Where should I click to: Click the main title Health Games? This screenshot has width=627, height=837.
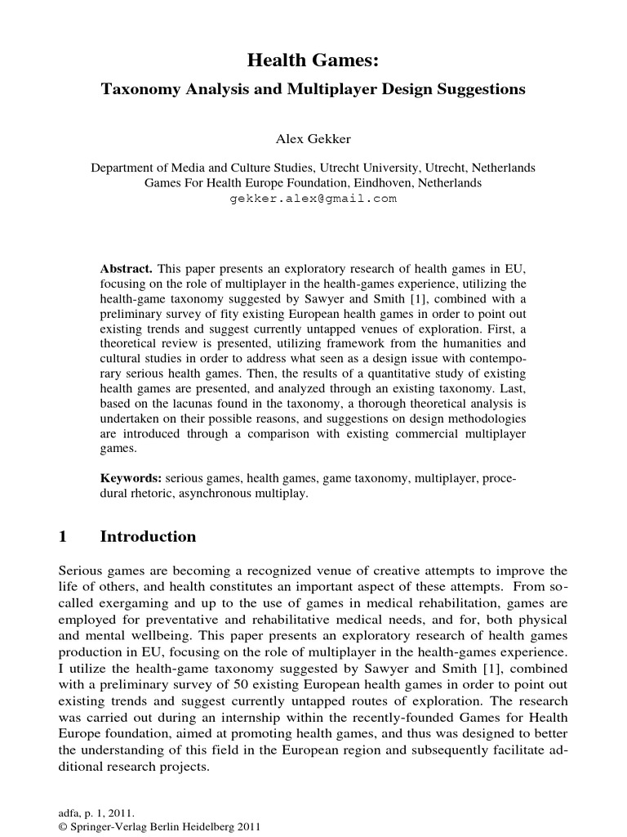coord(313,62)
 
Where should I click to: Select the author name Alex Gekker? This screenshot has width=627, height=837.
coord(313,140)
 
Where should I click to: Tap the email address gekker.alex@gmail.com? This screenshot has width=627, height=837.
coord(313,199)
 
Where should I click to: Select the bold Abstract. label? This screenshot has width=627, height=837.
coord(126,268)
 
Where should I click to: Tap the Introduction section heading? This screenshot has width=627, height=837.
coord(148,537)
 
